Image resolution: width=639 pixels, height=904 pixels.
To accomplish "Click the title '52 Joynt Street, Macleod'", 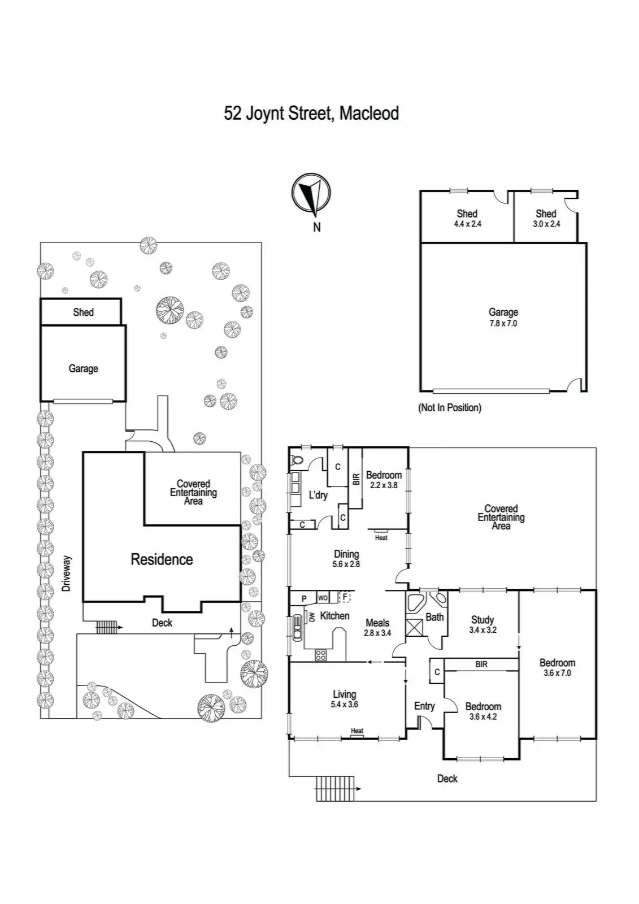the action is click(x=311, y=113).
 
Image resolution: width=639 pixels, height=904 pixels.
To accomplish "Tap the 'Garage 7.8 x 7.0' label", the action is click(x=503, y=318).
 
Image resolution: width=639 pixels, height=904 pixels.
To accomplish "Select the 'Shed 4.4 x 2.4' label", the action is click(x=467, y=218).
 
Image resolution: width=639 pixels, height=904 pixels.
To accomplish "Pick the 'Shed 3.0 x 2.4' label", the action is click(x=546, y=218).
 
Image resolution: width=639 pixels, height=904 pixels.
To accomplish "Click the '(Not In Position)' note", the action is click(x=450, y=407).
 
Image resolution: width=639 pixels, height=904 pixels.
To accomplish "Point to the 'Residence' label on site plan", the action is click(x=162, y=559).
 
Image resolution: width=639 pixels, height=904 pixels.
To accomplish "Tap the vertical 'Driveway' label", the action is click(x=67, y=573).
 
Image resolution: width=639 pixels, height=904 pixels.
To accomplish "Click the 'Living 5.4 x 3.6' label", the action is click(x=344, y=699).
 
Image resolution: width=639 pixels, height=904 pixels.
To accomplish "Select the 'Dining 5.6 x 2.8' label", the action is click(x=346, y=559).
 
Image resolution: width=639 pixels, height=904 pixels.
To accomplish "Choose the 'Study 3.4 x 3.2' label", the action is click(x=482, y=624).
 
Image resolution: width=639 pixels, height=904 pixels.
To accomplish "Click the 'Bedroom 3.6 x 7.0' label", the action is click(x=557, y=667).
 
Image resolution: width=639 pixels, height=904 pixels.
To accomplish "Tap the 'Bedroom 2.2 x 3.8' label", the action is click(x=384, y=480).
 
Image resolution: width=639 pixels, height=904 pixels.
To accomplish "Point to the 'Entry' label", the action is click(x=424, y=706).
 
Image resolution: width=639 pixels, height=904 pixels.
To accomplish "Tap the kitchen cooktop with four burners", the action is click(x=320, y=655).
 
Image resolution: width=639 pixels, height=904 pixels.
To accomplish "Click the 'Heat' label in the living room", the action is click(x=357, y=731).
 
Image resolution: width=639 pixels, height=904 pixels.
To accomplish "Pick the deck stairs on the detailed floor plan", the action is click(x=334, y=788).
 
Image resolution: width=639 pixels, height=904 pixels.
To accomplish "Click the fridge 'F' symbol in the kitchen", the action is click(x=344, y=597).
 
